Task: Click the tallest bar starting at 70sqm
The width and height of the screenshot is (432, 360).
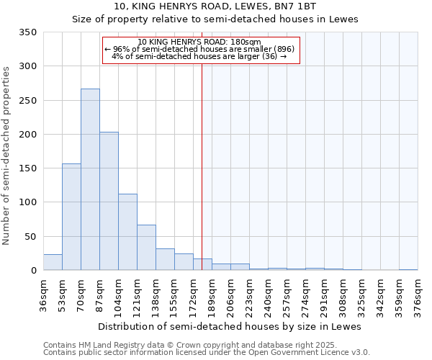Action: coord(90,179)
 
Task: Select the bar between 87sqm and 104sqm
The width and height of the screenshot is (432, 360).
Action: coord(109,202)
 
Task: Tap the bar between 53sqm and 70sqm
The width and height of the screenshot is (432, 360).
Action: coord(71,217)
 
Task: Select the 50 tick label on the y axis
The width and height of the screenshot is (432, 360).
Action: coord(30,236)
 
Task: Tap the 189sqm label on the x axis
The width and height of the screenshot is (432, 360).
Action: coord(212,296)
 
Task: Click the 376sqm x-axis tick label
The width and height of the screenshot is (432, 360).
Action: coord(418,296)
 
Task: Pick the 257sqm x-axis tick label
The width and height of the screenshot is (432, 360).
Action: coord(287,296)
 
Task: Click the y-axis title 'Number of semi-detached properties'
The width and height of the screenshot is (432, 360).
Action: coord(6,155)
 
